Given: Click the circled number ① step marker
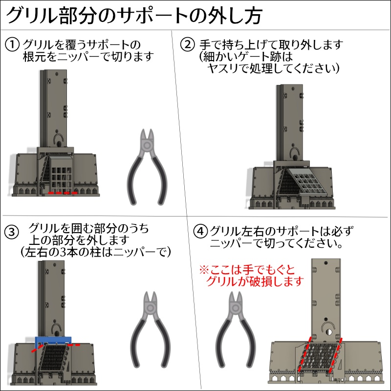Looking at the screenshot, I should point(12,44).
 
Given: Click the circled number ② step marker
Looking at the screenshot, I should point(188,44).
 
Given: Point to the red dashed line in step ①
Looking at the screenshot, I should point(63,194).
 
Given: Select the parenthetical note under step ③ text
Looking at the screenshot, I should point(91,252).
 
